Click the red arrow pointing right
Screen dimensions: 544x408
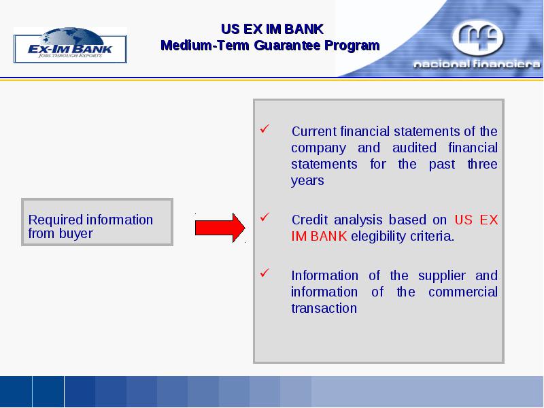[x=220, y=228]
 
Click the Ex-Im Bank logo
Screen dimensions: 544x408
[x=71, y=45]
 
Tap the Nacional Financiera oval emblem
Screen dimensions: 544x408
[x=478, y=37]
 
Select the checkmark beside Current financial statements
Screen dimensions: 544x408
[x=265, y=129]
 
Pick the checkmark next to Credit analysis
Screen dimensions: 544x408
[x=265, y=218]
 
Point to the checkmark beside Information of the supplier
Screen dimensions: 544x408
[x=265, y=273]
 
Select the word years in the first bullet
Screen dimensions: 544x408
[x=307, y=181]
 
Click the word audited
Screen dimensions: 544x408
[x=414, y=148]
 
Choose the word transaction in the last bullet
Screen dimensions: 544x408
[x=324, y=309]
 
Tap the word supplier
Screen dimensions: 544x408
[x=441, y=276]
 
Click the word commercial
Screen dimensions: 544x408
[x=463, y=292]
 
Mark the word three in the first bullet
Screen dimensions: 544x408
[x=483, y=164]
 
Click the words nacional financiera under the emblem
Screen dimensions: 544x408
[x=477, y=64]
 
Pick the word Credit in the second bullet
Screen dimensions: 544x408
[x=309, y=220]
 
